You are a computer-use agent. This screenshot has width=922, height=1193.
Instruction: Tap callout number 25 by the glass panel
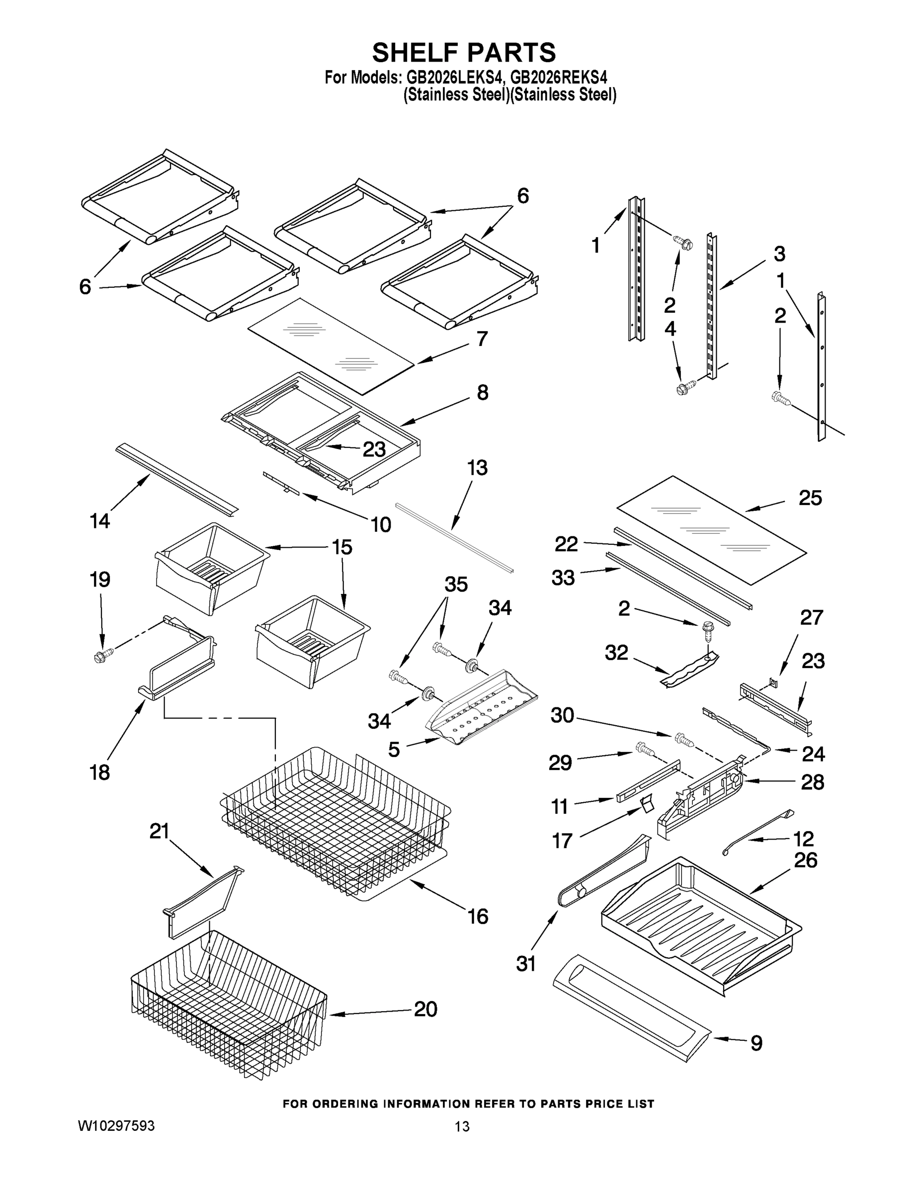coord(810,498)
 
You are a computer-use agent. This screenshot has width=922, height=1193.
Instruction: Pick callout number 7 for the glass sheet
coord(481,339)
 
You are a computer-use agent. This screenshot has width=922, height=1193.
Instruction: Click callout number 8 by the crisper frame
coord(482,392)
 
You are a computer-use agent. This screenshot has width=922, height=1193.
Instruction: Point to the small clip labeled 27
coord(773,681)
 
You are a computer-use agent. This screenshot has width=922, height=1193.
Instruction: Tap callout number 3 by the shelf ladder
coord(779,254)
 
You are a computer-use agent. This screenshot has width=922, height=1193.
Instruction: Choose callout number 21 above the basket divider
coord(160,831)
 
